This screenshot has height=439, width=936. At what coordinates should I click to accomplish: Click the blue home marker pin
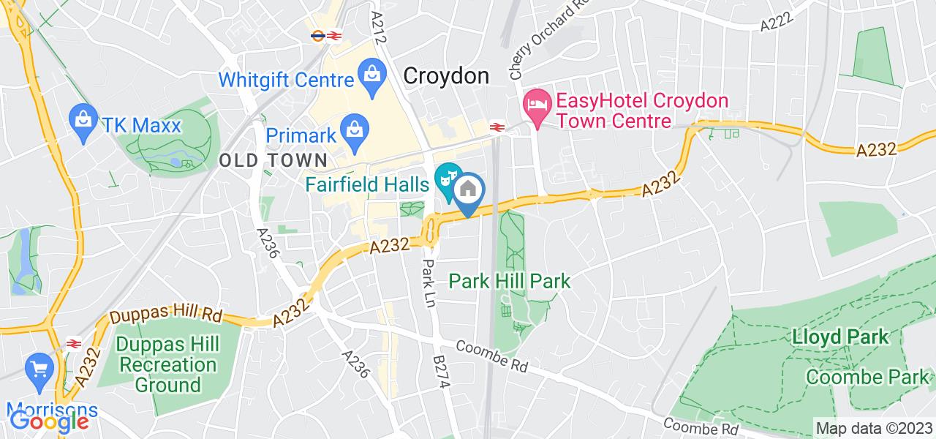tap(469, 192)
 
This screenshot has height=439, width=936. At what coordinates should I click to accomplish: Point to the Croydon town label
tap(446, 75)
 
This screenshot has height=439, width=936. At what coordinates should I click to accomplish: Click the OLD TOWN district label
tap(273, 160)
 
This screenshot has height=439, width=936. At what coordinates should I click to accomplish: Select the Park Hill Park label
tap(510, 280)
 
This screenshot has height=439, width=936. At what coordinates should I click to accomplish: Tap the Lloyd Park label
tap(841, 337)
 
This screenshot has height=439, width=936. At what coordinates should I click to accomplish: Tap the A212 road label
tap(378, 27)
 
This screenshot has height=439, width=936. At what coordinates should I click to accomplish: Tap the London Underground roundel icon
tap(317, 34)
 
